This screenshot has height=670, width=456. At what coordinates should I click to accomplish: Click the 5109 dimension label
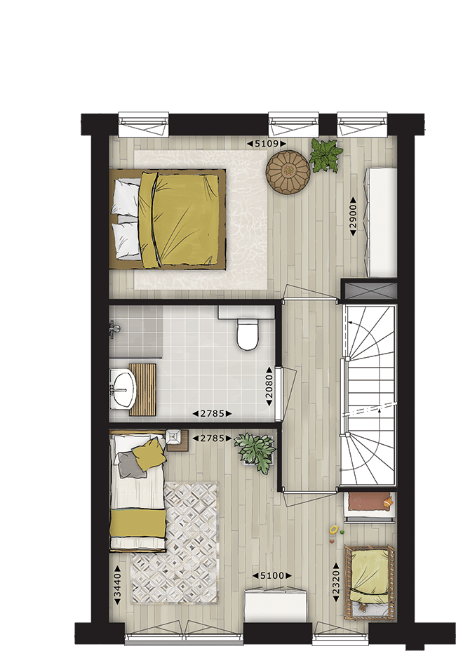click(267, 144)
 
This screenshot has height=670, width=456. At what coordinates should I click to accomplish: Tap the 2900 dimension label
click(354, 216)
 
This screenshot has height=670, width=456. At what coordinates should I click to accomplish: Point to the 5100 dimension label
click(272, 576)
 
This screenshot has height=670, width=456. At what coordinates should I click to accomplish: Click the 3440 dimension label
click(118, 584)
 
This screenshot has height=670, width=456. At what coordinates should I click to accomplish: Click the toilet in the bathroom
click(248, 334)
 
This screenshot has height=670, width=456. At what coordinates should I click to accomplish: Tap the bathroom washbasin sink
click(123, 389)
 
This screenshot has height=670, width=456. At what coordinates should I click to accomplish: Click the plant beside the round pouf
click(326, 155)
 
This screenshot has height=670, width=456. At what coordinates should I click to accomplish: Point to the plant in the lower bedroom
click(256, 452)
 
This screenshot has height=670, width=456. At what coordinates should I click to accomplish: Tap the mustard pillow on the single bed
click(149, 454)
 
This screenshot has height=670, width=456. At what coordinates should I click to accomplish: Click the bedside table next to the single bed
click(177, 440)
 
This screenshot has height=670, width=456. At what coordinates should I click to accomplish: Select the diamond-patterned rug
click(175, 543)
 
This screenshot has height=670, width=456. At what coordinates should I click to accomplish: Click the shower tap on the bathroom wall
click(114, 330)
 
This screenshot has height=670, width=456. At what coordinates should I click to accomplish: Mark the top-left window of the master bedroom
click(144, 124)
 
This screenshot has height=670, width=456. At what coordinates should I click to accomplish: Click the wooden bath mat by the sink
click(142, 389)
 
